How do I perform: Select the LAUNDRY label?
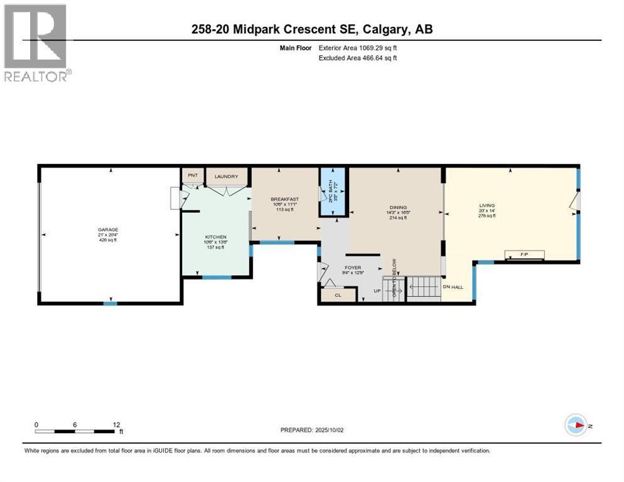pyautogui.click(x=226, y=176)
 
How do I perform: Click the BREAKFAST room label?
pyautogui.click(x=284, y=199)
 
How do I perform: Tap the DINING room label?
pyautogui.click(x=397, y=208)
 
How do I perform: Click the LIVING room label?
pyautogui.click(x=487, y=205)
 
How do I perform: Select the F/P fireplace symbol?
pyautogui.click(x=525, y=254)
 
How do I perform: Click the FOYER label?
pyautogui.click(x=353, y=267)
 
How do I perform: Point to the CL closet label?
pyautogui.click(x=337, y=294)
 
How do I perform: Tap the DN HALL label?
pyautogui.click(x=452, y=287)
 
